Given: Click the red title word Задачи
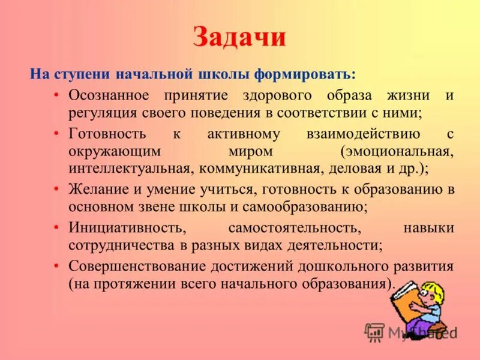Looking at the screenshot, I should [239, 38].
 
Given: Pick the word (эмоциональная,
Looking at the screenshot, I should [397, 151].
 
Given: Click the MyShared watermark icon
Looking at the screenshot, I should [374, 332].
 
